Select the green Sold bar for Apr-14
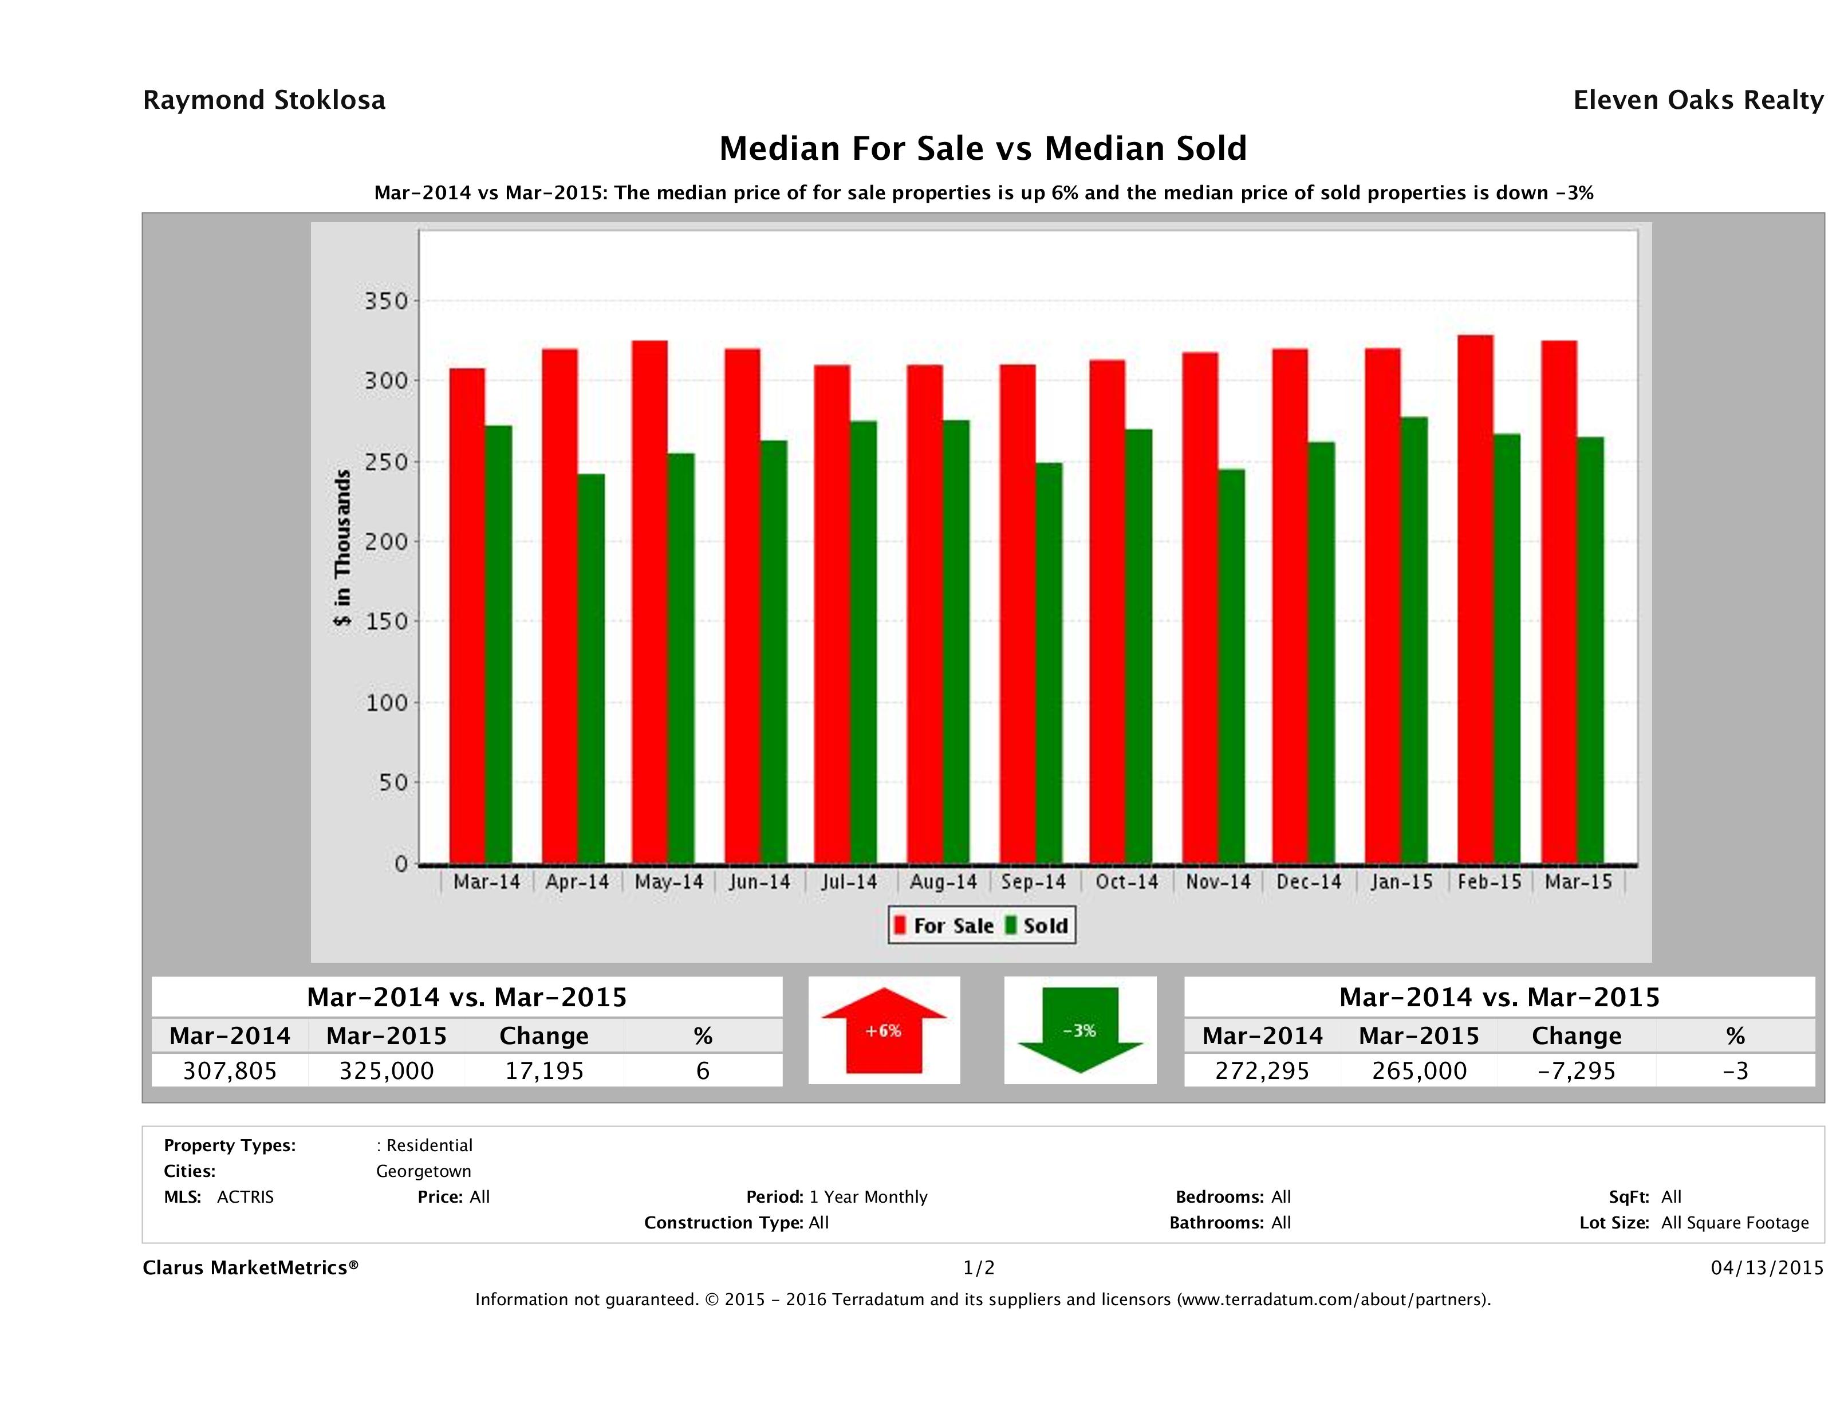pyautogui.click(x=590, y=668)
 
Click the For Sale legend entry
pyautogui.click(x=944, y=926)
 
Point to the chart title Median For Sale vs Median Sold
pyautogui.click(x=983, y=149)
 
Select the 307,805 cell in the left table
pyautogui.click(x=230, y=1071)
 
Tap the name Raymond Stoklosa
pyautogui.click(x=264, y=100)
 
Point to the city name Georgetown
pyautogui.click(x=424, y=1171)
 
